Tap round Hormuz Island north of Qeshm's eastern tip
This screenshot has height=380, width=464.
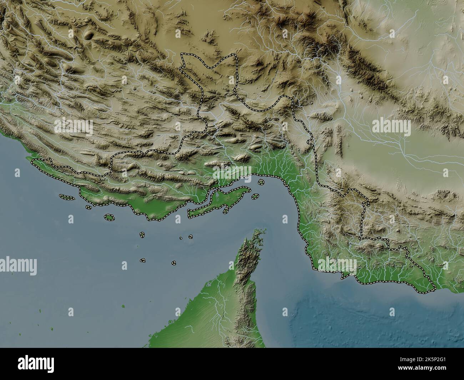[x=261, y=182]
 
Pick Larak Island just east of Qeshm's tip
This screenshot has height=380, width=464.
[x=255, y=196]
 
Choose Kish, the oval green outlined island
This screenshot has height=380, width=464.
[x=109, y=217]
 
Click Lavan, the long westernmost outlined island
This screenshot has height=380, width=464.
[x=67, y=197]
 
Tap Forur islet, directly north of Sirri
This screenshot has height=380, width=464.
[x=142, y=235]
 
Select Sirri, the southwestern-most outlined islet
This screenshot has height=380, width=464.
[x=143, y=260]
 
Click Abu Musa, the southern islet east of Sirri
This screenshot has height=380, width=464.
[x=173, y=263]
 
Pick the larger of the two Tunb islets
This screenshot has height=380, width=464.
[x=191, y=236]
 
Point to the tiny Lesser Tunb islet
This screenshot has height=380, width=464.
[x=181, y=238]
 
